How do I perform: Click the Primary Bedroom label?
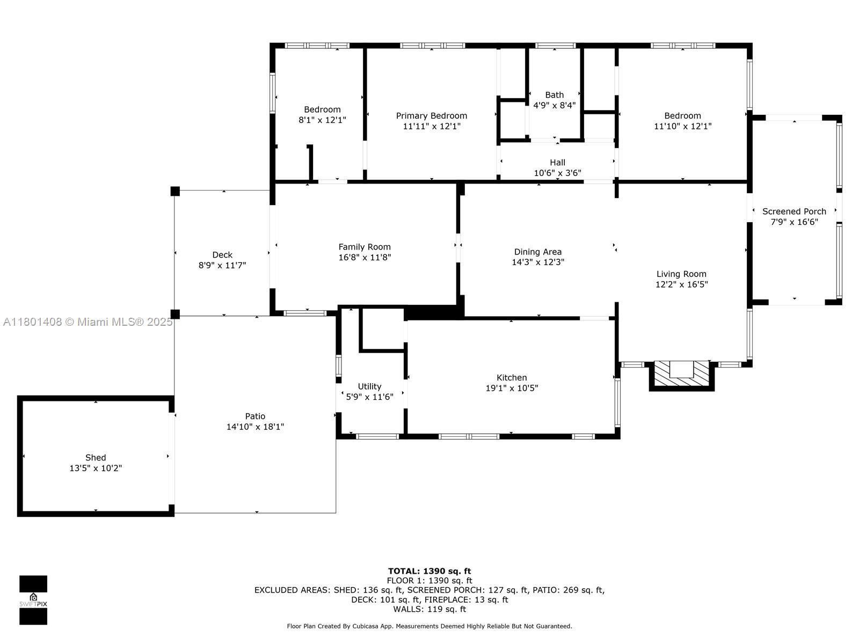431,116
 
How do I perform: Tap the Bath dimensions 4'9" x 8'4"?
554,105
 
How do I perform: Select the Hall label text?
557,162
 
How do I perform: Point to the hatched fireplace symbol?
681,375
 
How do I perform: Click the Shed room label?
96,457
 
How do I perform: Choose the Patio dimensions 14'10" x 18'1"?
255,427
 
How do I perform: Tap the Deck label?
222,255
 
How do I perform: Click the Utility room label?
369,386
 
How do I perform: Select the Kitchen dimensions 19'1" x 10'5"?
512,388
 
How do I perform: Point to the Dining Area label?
538,252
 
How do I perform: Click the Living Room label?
681,274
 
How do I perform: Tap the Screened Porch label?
794,211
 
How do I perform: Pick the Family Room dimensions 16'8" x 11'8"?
365,257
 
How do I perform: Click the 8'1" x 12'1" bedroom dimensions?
322,120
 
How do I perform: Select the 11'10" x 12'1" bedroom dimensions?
682,126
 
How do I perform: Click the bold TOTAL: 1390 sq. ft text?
429,571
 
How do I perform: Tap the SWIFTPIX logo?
33,600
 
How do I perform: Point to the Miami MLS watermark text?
88,322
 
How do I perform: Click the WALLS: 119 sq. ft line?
429,609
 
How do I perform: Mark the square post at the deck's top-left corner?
175,191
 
